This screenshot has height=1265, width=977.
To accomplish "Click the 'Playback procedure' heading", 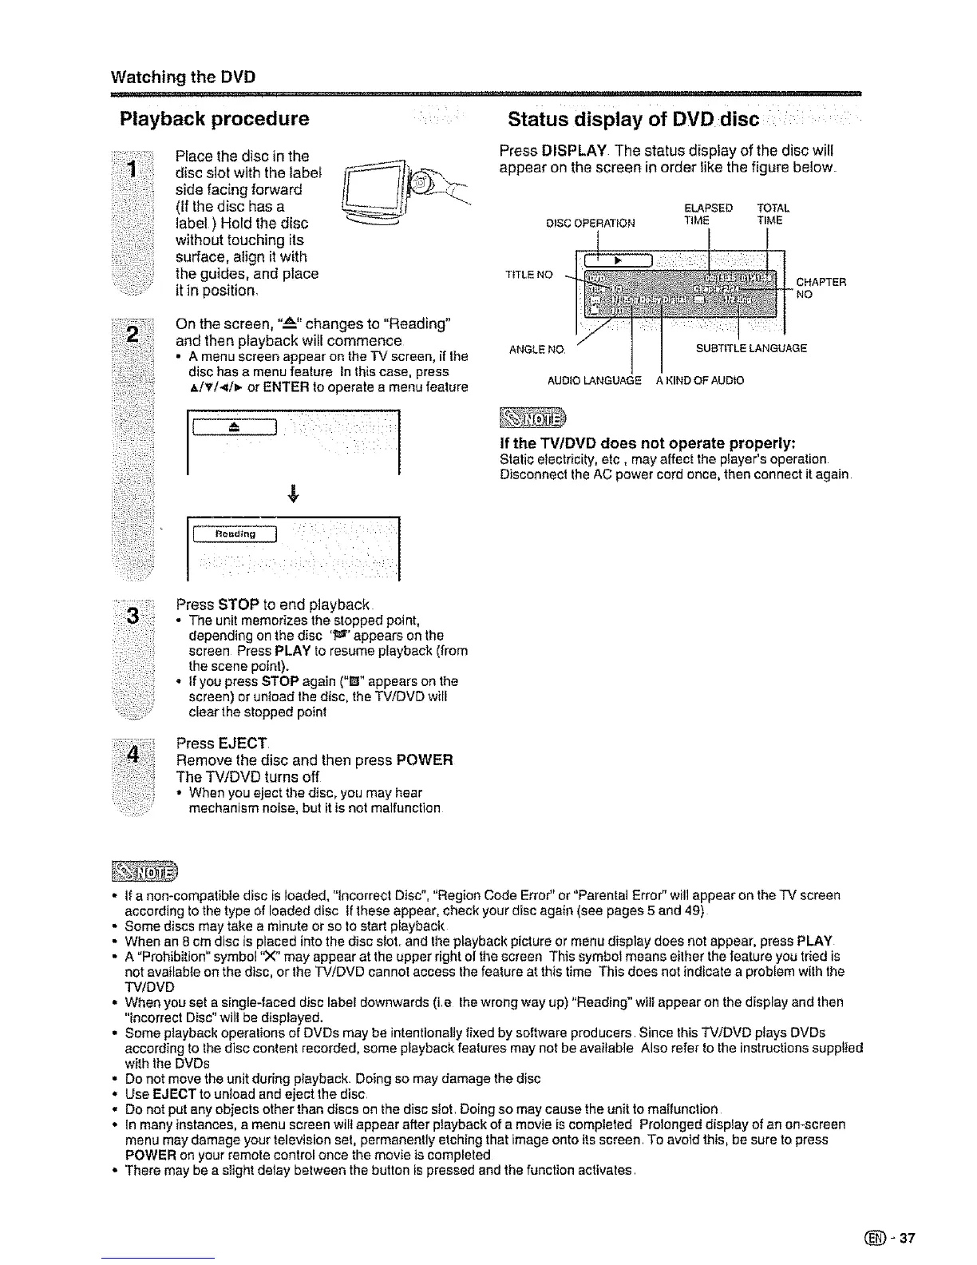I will click(x=214, y=120).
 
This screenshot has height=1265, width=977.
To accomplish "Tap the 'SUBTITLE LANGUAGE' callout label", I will click(x=751, y=349).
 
